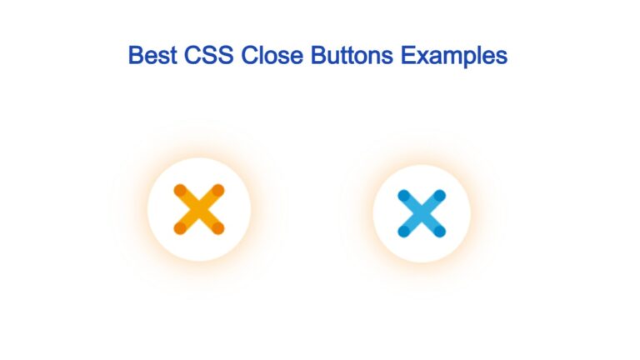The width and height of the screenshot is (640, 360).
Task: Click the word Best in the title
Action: (152, 55)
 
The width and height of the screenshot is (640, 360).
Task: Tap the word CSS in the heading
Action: (208, 55)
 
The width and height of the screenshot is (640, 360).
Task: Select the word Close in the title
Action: (272, 55)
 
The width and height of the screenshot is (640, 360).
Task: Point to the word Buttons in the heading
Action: (352, 55)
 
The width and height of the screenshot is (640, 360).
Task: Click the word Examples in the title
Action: (454, 56)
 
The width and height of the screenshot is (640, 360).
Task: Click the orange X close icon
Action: (199, 209)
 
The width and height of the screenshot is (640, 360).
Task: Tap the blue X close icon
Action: (422, 213)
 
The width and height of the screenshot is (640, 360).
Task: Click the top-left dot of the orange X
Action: (180, 190)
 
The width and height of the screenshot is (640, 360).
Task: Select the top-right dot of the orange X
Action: (218, 190)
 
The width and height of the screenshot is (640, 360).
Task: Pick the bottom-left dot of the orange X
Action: (180, 228)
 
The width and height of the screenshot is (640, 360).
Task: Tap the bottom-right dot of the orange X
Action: (218, 228)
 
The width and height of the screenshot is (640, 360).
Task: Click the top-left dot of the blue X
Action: (403, 196)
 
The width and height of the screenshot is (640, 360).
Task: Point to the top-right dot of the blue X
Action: (440, 196)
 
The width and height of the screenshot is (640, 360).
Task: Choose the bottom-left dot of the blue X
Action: (403, 232)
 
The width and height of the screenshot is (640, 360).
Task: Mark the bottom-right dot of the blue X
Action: (440, 232)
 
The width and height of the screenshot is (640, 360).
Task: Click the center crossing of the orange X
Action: (199, 209)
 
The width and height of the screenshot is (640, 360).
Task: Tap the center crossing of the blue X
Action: (422, 213)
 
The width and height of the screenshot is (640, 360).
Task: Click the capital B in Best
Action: (136, 55)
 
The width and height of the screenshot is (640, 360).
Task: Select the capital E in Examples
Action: (407, 55)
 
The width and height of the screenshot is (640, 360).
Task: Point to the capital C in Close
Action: (249, 55)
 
